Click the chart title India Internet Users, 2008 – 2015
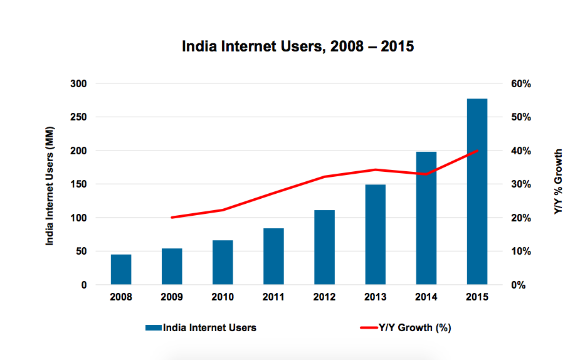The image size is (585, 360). pos(298,46)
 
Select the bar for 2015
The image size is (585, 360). pos(477,191)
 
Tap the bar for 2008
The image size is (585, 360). pos(121,270)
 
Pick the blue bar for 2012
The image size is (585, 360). pos(324,247)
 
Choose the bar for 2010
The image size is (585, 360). pos(223,262)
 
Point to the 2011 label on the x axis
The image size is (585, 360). pos(273,297)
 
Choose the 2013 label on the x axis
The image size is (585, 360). pos(375,297)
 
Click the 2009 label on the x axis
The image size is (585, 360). pos(172,297)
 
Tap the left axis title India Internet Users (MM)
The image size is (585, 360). pos(51,184)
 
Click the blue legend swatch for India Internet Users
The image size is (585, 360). pos(153,327)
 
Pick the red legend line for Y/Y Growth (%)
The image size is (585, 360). pos(367,327)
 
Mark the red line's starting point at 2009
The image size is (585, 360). pos(172,218)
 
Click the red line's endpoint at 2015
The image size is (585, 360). pos(477,151)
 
